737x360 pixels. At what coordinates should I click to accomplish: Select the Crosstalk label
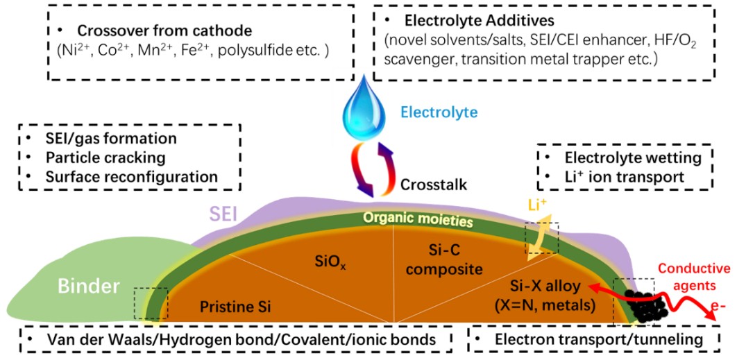click(x=434, y=185)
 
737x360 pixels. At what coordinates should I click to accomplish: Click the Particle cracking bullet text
click(x=105, y=157)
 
